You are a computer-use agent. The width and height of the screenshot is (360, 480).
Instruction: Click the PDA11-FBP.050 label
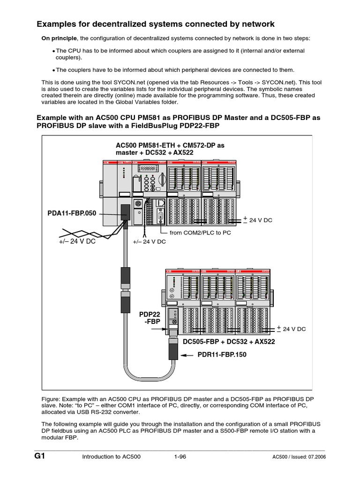[x=72, y=213]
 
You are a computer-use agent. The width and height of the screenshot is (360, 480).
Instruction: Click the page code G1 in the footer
[x=39, y=456]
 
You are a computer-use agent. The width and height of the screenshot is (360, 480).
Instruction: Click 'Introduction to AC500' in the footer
[x=111, y=457]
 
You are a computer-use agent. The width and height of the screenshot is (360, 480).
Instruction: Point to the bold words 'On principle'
[x=59, y=38]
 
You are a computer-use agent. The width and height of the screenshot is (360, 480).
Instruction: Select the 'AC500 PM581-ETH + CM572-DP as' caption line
[x=170, y=145]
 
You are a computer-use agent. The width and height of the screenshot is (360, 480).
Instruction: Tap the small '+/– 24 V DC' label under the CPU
[x=150, y=242]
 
